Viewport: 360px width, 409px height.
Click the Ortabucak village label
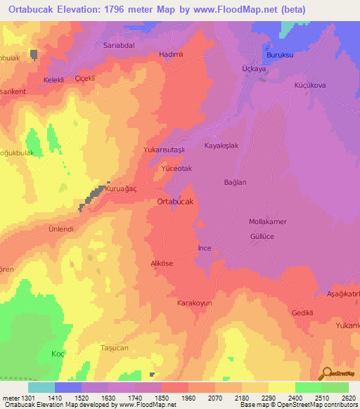[175, 201]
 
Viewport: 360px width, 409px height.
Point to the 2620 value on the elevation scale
[348, 397]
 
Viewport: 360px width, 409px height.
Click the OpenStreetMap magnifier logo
[327, 374]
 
